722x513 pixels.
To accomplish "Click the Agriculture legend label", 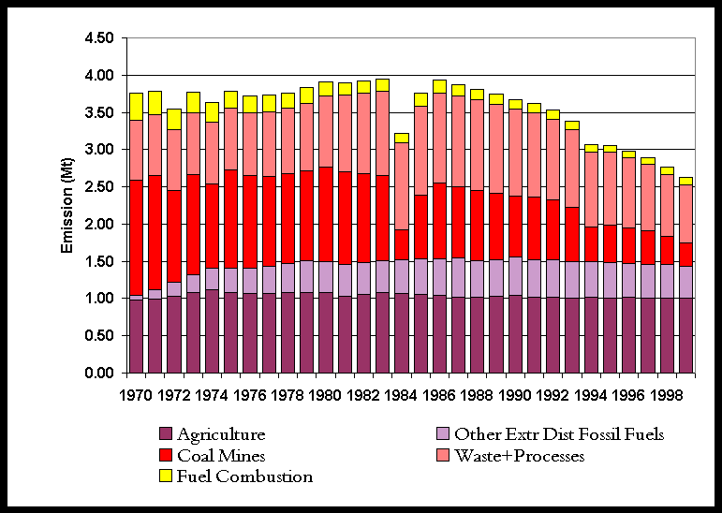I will (221, 434).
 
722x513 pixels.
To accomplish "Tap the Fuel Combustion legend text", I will (244, 476).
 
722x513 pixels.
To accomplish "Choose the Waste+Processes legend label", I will (519, 456).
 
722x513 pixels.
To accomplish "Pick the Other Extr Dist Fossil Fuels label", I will (558, 434).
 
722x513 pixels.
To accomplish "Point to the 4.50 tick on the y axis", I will (98, 38).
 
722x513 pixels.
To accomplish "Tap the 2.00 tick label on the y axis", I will (98, 225).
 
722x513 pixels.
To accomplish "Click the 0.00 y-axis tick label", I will (98, 374).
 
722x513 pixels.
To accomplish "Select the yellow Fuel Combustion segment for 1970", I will (137, 106).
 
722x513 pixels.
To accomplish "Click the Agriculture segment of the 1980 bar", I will (326, 332).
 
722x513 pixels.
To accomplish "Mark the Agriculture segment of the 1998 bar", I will (667, 335).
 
